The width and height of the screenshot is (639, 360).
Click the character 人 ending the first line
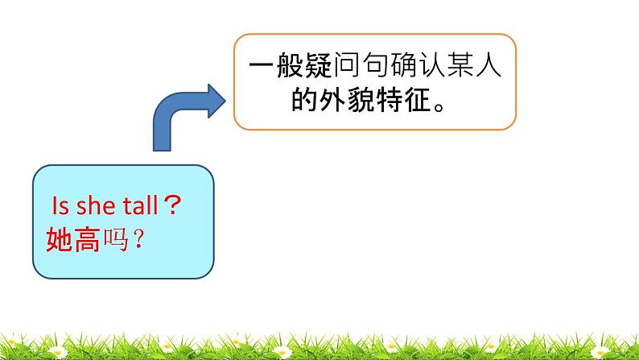pos(484,68)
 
